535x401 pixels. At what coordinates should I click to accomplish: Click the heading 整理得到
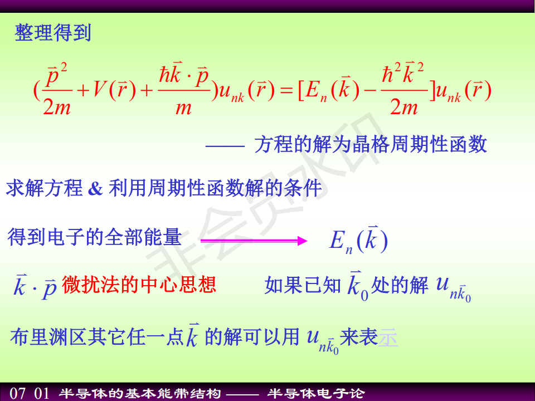pos(53,33)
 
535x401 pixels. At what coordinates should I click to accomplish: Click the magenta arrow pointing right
pos(254,241)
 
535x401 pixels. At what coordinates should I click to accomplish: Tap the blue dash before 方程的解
pos(225,146)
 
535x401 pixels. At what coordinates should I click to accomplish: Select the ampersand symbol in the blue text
pos(95,189)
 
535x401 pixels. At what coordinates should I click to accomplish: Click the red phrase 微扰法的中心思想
pos(139,285)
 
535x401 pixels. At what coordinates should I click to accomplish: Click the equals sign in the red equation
pos(286,91)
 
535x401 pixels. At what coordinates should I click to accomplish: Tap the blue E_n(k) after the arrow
pos(358,240)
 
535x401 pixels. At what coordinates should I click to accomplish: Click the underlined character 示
pos(388,338)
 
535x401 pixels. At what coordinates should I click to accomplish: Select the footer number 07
pos(17,393)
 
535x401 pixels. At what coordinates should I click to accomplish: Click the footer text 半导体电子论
pos(316,394)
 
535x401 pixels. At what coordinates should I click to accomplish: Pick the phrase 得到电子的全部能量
pos(95,237)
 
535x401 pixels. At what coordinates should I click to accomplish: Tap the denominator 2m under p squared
pos(57,107)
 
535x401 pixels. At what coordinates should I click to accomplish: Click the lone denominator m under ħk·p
pos(183,109)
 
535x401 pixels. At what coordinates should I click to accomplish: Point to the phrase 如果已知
pos(303,285)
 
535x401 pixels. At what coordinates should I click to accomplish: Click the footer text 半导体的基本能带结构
pos(140,394)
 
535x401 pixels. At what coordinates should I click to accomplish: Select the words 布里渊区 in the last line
pos(48,338)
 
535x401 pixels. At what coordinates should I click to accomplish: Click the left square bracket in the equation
pos(301,91)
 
